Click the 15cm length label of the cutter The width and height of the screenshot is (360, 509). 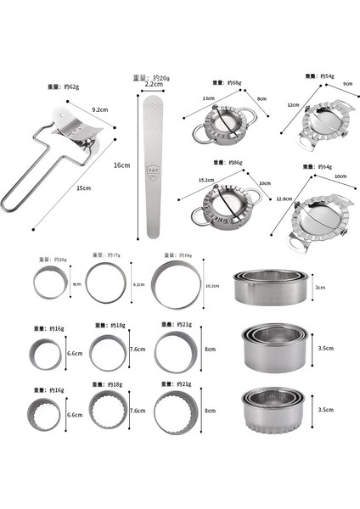click(82, 187)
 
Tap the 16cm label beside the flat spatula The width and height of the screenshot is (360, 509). click(122, 166)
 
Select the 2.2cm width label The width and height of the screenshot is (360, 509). click(154, 85)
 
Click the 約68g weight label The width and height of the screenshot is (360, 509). click(224, 82)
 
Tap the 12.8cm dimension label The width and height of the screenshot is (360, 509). click(284, 199)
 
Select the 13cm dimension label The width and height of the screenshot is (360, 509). click(208, 98)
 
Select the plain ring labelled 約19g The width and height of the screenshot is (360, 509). click(177, 285)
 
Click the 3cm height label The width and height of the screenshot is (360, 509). click(319, 288)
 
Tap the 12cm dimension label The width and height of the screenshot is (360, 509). click(292, 104)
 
